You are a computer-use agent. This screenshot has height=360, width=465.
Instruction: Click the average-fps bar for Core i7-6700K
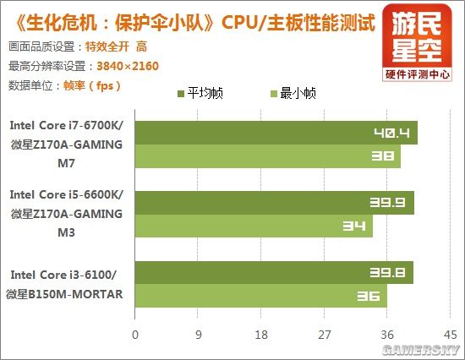point(276,134)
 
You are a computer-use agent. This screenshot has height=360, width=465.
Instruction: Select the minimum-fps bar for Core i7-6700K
point(267,156)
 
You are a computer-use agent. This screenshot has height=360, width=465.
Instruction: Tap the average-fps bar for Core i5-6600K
point(274,203)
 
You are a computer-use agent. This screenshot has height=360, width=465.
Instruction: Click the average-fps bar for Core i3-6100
point(274,273)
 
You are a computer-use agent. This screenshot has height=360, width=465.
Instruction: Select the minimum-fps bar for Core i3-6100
point(260,296)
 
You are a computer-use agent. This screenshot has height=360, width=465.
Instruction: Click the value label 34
point(353,226)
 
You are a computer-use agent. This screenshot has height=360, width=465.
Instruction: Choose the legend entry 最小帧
point(294,94)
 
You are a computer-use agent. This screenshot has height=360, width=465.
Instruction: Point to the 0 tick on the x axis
point(134,334)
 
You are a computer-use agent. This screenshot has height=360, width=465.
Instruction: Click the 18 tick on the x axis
point(260,334)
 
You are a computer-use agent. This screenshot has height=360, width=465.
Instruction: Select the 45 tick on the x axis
point(450,334)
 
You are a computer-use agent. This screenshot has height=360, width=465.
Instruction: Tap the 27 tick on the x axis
point(324,334)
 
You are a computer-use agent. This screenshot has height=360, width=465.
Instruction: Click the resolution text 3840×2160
point(124,65)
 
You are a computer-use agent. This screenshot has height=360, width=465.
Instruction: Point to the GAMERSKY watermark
point(421,348)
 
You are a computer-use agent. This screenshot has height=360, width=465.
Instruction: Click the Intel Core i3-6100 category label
point(67,284)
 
